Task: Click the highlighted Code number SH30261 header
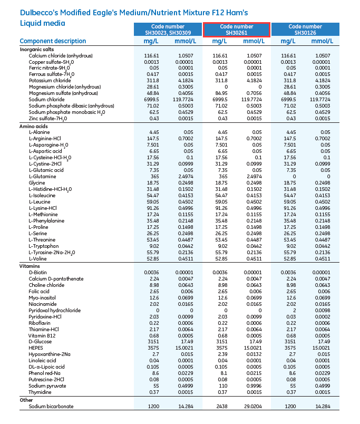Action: [237, 30]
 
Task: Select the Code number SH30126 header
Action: [305, 30]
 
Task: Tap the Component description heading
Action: [53, 41]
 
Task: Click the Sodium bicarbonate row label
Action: [51, 407]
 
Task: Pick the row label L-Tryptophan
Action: [44, 246]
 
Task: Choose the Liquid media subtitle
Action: [43, 23]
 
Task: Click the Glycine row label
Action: [37, 182]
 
